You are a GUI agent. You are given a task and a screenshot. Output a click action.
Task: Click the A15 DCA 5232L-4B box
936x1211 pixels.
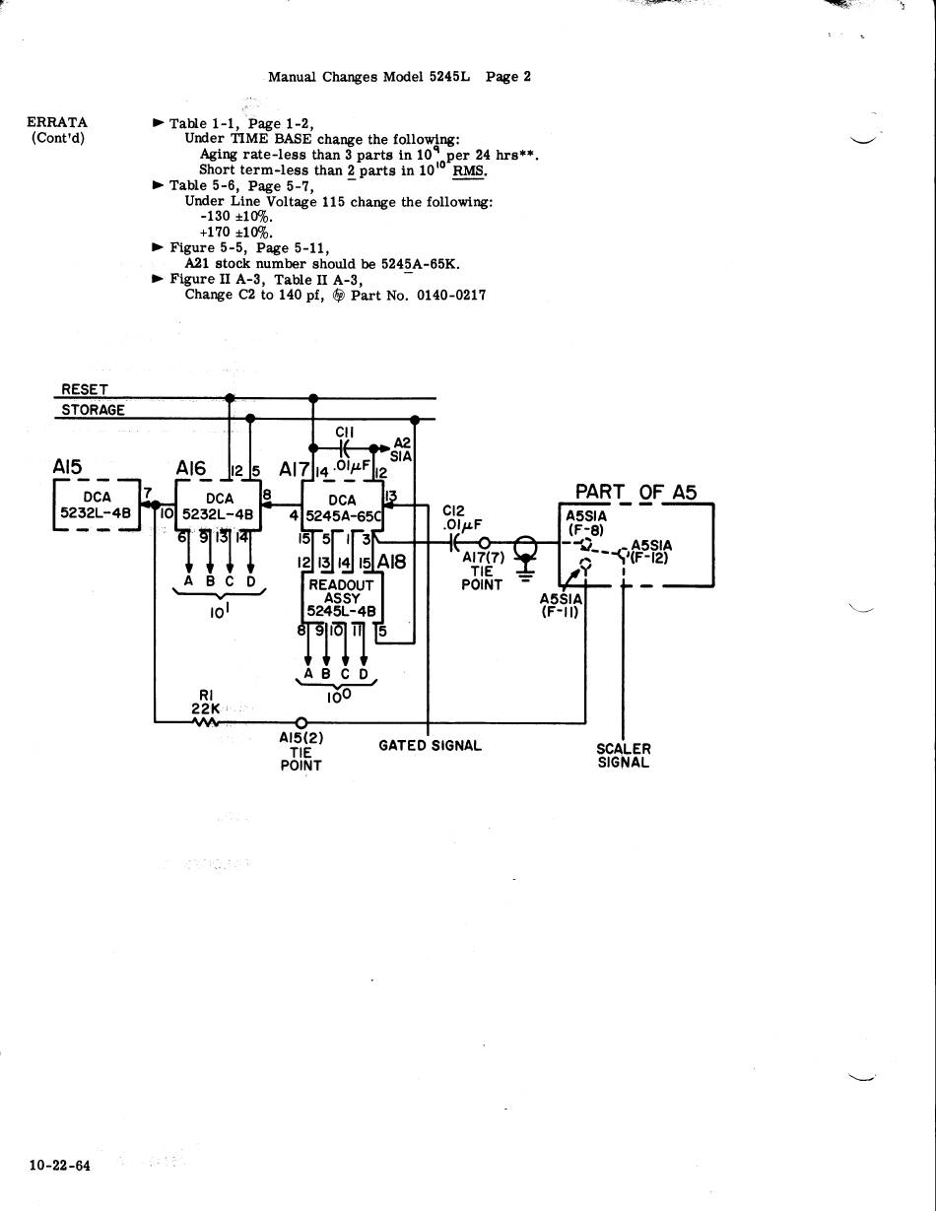tap(98, 505)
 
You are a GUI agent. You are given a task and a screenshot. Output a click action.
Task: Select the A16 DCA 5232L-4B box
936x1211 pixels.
tap(219, 506)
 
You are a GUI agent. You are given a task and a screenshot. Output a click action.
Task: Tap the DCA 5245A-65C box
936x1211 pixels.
tap(342, 507)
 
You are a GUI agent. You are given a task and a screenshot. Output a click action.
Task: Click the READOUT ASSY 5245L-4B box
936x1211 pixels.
tap(341, 597)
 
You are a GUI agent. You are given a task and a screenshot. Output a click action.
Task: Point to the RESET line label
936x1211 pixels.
tap(85, 390)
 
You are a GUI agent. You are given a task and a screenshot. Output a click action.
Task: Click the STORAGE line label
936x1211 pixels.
tap(93, 410)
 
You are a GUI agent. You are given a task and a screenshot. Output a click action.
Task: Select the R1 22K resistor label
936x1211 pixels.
tap(206, 701)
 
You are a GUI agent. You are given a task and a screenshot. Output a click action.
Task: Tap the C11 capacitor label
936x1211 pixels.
tap(344, 432)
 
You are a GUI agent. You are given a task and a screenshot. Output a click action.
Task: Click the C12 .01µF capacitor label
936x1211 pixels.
tap(459, 517)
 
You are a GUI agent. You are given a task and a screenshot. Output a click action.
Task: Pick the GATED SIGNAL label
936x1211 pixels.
tap(430, 746)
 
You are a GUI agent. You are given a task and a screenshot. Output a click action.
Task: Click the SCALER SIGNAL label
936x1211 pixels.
tap(624, 756)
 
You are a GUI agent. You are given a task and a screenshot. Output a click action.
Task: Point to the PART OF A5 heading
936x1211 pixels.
tap(635, 492)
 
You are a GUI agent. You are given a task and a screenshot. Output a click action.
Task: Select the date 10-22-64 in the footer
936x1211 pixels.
tap(59, 1166)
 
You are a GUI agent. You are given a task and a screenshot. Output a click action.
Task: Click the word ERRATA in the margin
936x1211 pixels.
tap(57, 122)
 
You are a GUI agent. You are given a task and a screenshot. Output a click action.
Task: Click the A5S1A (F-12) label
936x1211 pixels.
tap(651, 550)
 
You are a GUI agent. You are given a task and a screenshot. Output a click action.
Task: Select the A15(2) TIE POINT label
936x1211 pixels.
tap(301, 751)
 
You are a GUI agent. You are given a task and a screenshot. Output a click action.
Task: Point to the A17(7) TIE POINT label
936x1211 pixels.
tap(483, 570)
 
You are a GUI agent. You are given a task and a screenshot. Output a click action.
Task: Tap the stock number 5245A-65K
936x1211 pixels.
tap(421, 264)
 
